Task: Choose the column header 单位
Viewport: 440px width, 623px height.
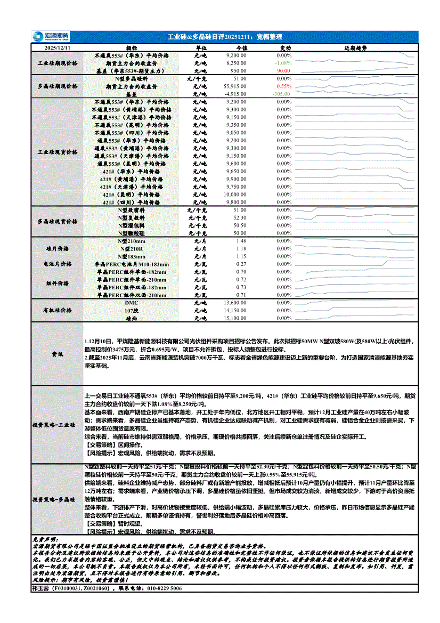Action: pyautogui.click(x=201, y=48)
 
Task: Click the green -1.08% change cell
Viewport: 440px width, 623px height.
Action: pyautogui.click(x=283, y=63)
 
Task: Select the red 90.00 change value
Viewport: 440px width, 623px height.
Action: pyautogui.click(x=283, y=70)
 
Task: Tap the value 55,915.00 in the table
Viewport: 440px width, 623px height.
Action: pyautogui.click(x=235, y=86)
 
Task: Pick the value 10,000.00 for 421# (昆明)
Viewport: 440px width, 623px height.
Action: pyautogui.click(x=235, y=195)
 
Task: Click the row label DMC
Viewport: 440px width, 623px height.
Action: pyautogui.click(x=132, y=303)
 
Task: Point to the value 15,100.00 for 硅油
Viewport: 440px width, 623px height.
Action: pyautogui.click(x=235, y=318)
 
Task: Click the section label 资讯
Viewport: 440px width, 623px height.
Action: pyautogui.click(x=58, y=353)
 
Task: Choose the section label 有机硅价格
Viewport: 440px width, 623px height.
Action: pyautogui.click(x=58, y=310)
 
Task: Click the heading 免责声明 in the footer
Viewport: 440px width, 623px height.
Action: pyautogui.click(x=46, y=540)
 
